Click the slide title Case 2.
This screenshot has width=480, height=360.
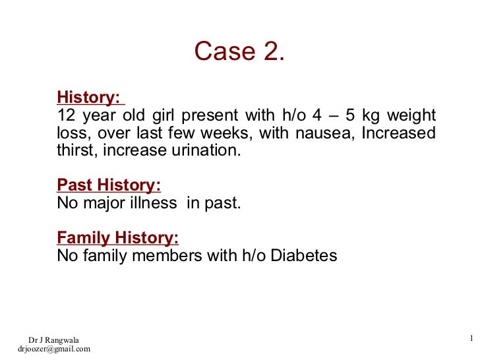[x=239, y=52]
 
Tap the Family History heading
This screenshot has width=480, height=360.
[x=118, y=237]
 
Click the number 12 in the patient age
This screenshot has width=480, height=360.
[x=67, y=116]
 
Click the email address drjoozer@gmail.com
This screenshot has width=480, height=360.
[x=53, y=349]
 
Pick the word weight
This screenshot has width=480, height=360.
[x=411, y=116]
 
